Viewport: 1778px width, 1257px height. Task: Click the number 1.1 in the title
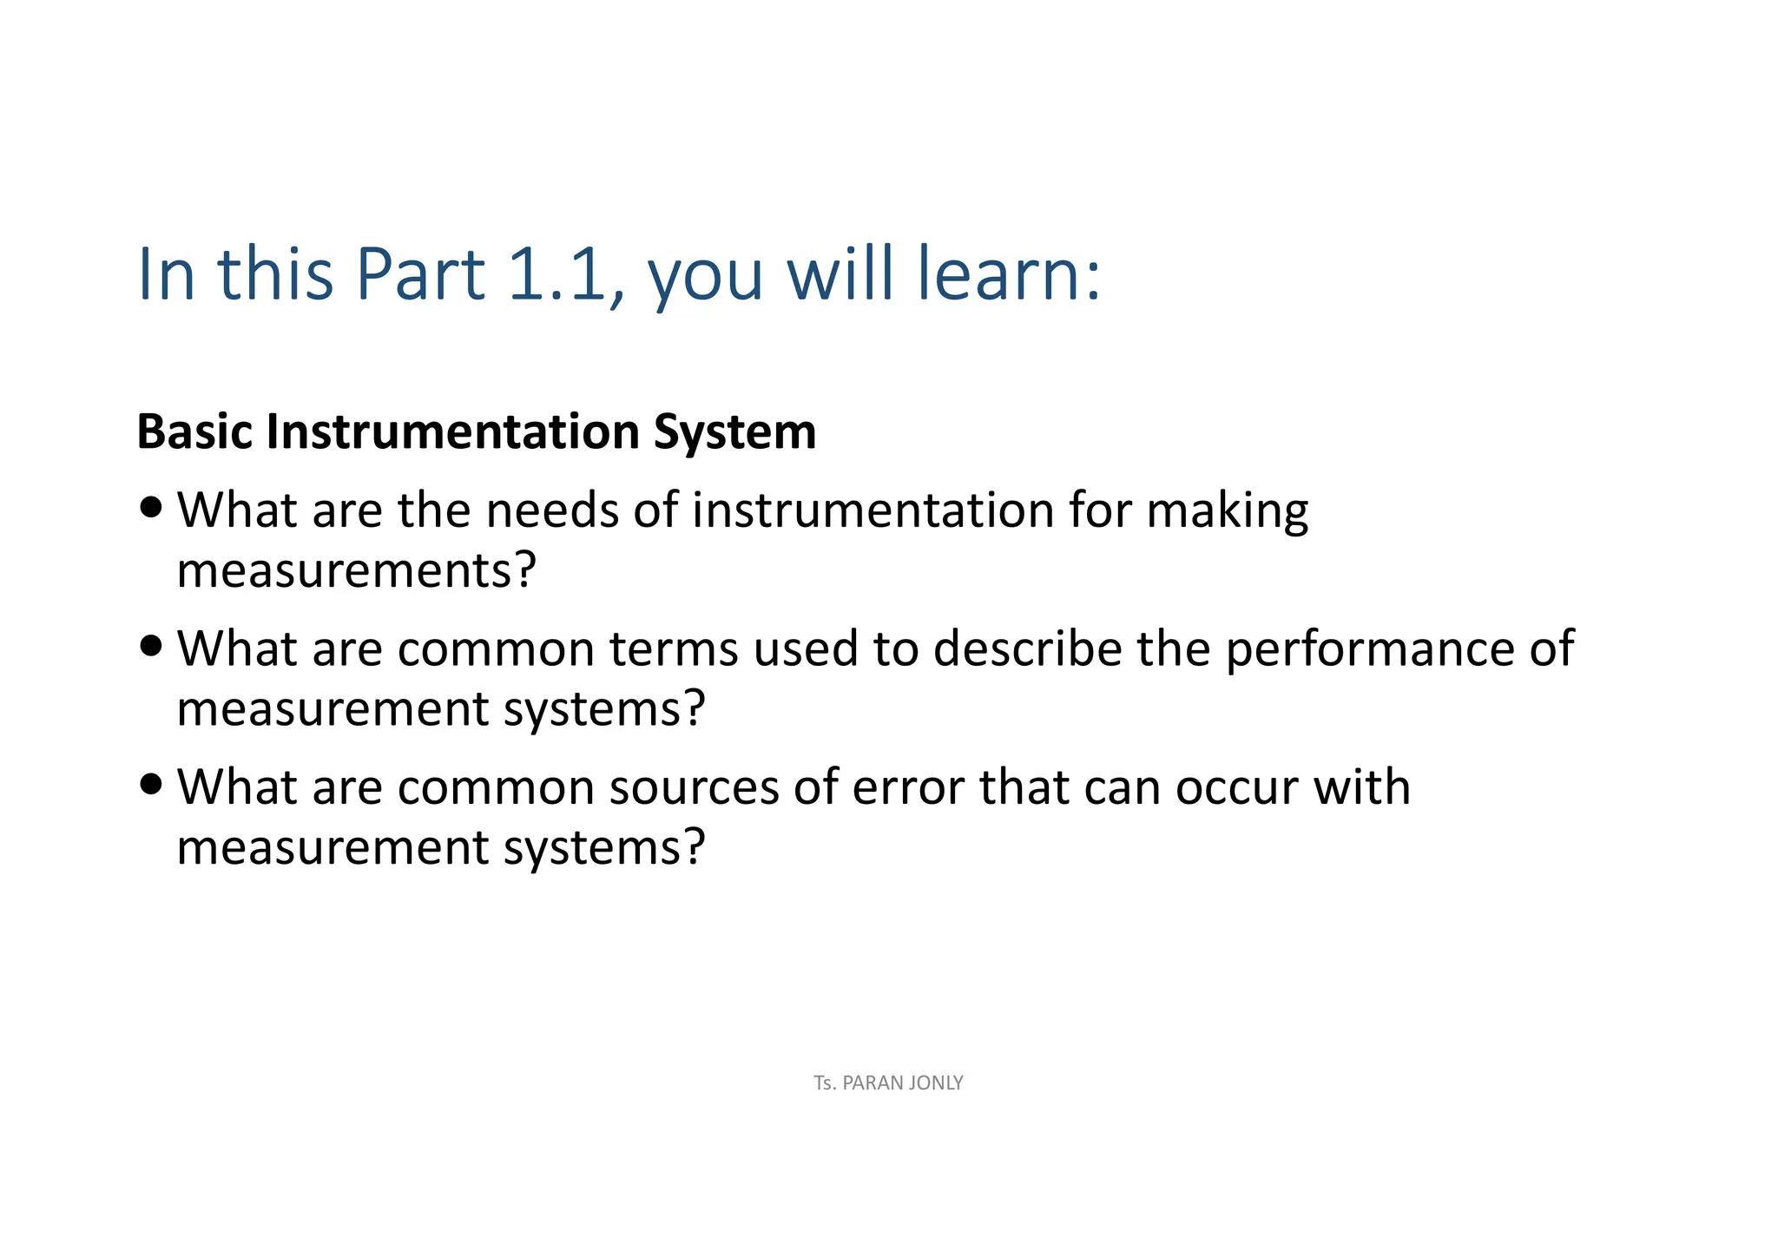tap(556, 274)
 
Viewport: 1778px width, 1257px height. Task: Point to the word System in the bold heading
tap(734, 433)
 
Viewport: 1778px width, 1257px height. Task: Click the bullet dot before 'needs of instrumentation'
tap(151, 507)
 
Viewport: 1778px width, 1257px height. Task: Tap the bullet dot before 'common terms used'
tap(151, 646)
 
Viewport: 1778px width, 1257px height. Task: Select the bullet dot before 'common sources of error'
tap(151, 784)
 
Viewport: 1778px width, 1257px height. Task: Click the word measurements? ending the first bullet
tap(356, 571)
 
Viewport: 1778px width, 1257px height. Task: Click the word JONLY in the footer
tap(934, 1083)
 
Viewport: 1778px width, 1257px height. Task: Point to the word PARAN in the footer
tap(871, 1083)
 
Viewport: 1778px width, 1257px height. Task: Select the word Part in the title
tap(420, 274)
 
